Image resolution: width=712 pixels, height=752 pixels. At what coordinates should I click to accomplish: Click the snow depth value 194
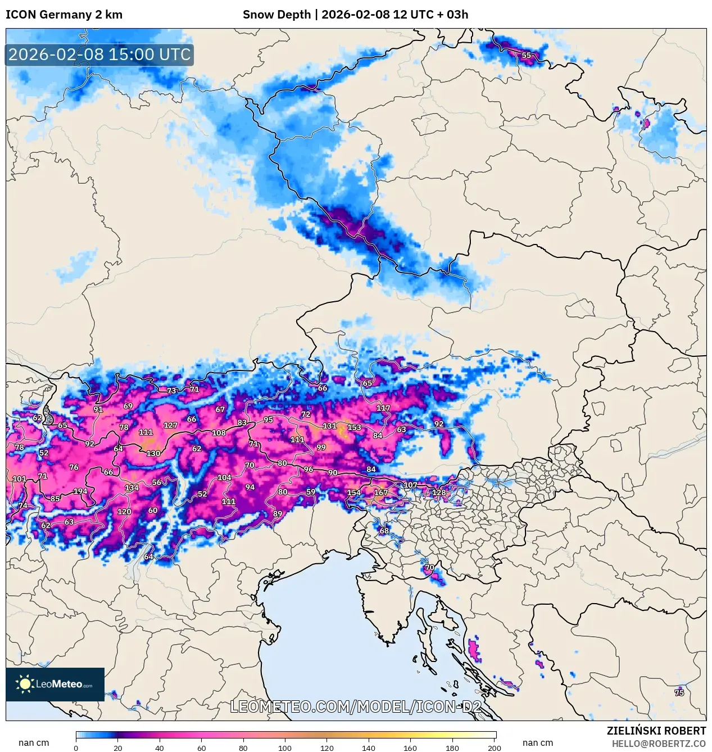(80, 491)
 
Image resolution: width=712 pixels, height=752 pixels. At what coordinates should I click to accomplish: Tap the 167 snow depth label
(381, 493)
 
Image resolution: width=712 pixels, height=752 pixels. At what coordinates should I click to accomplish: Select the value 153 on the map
(354, 427)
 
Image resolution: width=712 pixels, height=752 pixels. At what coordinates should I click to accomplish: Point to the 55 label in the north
(526, 55)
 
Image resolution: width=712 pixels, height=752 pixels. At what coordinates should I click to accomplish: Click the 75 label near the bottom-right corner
(679, 693)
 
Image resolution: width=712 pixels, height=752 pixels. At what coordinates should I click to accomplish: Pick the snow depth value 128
(439, 493)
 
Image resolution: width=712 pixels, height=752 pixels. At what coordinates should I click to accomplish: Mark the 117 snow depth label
(383, 408)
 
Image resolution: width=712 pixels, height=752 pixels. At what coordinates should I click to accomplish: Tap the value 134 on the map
(131, 488)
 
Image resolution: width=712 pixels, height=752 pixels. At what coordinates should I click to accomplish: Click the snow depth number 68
(384, 531)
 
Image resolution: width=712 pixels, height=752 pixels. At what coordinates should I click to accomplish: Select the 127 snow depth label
(170, 425)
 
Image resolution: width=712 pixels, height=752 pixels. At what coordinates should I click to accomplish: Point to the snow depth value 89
(278, 514)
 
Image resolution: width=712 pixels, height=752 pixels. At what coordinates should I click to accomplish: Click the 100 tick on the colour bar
(285, 748)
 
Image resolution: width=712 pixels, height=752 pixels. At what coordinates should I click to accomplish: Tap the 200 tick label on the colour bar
(495, 748)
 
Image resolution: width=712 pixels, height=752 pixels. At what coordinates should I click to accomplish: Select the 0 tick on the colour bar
(76, 748)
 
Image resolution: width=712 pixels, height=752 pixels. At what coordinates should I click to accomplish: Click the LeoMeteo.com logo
(55, 684)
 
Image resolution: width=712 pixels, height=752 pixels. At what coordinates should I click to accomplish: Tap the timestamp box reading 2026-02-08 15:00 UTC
(99, 55)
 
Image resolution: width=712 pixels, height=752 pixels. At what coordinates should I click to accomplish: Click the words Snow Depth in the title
(276, 15)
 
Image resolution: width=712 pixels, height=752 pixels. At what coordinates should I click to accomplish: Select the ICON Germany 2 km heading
(64, 15)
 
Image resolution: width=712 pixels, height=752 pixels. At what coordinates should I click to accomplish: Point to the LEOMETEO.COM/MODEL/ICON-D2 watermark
(356, 706)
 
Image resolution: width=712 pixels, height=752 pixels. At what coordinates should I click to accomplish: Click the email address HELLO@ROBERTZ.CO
(658, 744)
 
